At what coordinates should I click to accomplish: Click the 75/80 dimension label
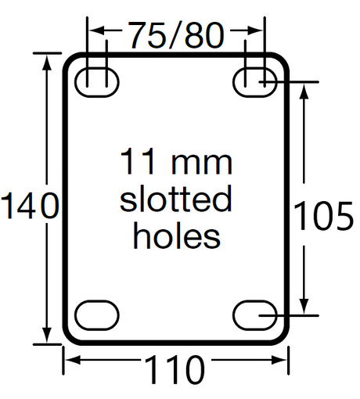(177, 35)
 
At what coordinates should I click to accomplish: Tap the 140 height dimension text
(31, 205)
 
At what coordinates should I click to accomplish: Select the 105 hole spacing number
(323, 216)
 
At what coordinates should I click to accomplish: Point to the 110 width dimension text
(174, 370)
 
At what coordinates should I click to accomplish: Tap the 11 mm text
(176, 161)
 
